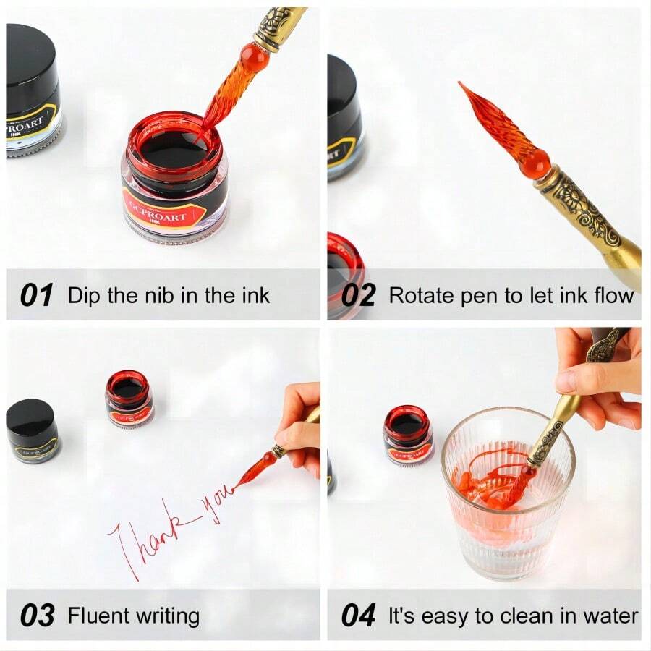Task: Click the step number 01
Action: pyautogui.click(x=36, y=295)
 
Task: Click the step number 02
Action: pyautogui.click(x=358, y=295)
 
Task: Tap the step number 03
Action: pyautogui.click(x=37, y=616)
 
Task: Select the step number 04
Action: pyautogui.click(x=359, y=616)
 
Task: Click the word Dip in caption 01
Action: pyautogui.click(x=82, y=295)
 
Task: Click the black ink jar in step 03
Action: pyautogui.click(x=33, y=430)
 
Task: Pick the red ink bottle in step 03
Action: pyautogui.click(x=129, y=399)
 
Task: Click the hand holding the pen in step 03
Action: pyautogui.click(x=300, y=427)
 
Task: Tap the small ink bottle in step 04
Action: pyautogui.click(x=408, y=435)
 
